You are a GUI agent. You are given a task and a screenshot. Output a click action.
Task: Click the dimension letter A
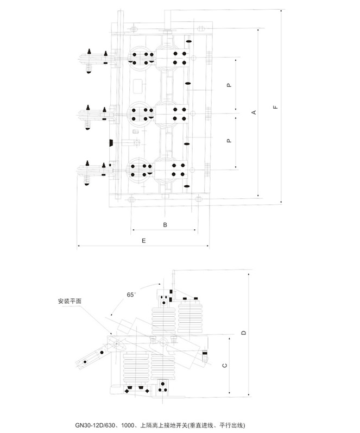click(254, 112)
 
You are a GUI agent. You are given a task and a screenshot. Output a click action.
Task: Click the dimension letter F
click(275, 107)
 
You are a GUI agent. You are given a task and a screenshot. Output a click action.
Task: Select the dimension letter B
click(165, 225)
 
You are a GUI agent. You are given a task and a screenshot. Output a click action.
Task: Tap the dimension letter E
click(143, 241)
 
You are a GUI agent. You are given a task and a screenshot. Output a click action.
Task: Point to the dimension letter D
click(243, 332)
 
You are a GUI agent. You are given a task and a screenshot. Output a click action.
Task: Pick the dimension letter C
click(225, 365)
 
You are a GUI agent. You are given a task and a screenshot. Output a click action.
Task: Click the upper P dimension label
click(229, 85)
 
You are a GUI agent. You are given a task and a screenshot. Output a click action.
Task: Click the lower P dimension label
click(229, 141)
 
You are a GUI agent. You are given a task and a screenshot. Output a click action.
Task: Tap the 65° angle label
click(131, 294)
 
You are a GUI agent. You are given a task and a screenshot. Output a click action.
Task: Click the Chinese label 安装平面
click(70, 301)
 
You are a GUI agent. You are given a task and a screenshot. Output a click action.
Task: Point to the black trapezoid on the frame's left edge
click(111, 143)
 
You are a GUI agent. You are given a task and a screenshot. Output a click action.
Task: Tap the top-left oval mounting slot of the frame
click(135, 29)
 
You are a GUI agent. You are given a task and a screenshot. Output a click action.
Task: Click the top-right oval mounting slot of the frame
click(201, 28)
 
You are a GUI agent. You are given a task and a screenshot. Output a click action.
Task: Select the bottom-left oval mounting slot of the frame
click(132, 199)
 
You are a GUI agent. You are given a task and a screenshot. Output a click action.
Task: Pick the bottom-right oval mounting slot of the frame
click(198, 198)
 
